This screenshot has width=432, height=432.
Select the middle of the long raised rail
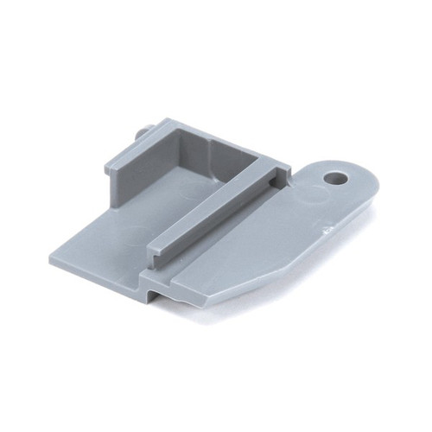click(x=216, y=212)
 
